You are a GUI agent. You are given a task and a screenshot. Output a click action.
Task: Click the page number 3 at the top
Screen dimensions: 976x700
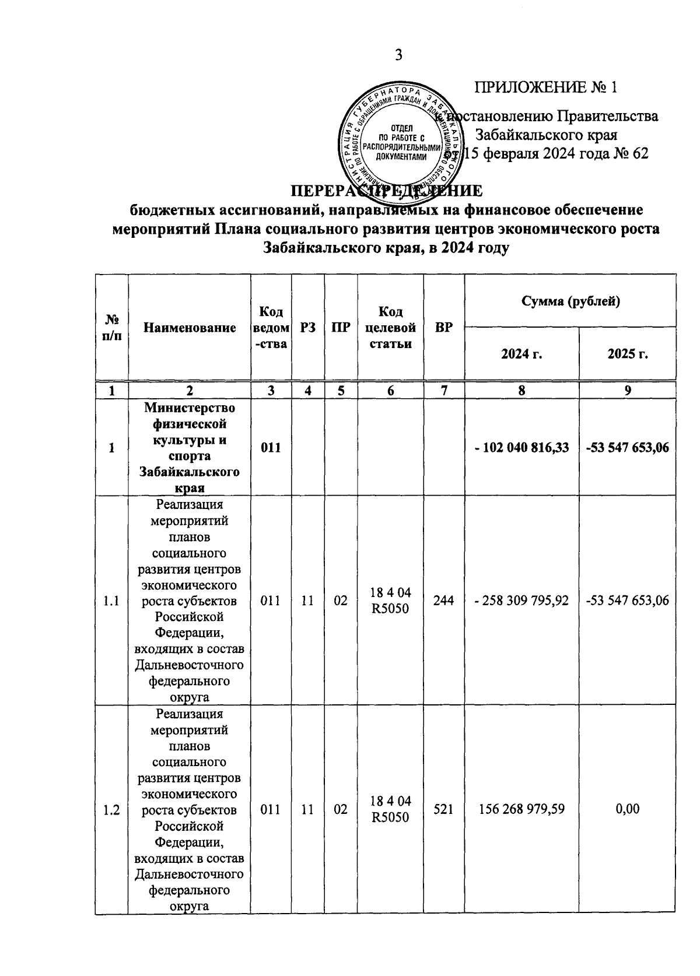(x=398, y=55)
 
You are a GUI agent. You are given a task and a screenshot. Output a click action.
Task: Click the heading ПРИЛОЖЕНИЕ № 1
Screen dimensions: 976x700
(x=546, y=87)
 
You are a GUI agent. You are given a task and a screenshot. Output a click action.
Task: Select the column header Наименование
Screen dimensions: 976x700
(x=190, y=328)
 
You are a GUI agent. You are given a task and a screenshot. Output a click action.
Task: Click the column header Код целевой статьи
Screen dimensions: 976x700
(x=390, y=328)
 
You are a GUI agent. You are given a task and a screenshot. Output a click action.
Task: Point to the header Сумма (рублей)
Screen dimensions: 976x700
(x=570, y=301)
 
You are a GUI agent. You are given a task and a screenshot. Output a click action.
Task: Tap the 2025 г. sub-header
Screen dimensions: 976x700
(x=628, y=354)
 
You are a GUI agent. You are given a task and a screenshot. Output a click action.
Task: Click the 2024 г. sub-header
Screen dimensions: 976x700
(x=521, y=354)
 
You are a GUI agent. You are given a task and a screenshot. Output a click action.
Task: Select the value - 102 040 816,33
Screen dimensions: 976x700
(x=521, y=447)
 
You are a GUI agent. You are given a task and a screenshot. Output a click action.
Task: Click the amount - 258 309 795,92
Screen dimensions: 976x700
(x=521, y=601)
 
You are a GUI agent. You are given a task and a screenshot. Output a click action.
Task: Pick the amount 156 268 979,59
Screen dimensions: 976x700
(x=521, y=809)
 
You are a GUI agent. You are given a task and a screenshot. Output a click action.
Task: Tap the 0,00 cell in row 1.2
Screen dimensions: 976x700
(x=628, y=809)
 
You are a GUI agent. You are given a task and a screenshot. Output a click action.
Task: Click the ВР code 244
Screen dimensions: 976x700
(x=444, y=601)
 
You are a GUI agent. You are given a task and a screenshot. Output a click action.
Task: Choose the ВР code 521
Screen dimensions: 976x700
(x=444, y=809)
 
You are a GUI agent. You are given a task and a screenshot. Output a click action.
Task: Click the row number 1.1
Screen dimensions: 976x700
(x=111, y=601)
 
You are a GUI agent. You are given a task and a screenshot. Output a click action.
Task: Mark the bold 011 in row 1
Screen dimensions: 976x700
(x=271, y=447)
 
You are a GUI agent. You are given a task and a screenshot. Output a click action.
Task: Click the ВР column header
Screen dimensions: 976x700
(x=444, y=328)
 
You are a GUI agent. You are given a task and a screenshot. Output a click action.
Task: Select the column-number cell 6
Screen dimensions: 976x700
(x=390, y=391)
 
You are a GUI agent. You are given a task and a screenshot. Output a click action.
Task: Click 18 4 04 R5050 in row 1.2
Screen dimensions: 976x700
(x=390, y=809)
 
